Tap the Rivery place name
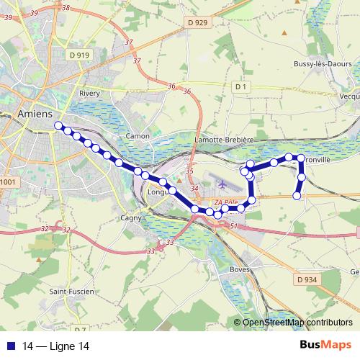pos(89,93)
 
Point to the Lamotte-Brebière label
pos(225,140)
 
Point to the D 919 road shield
pos(81,55)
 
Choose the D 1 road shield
pos(241,86)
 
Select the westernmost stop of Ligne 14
pos(58,125)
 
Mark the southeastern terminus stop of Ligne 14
pos(297,195)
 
